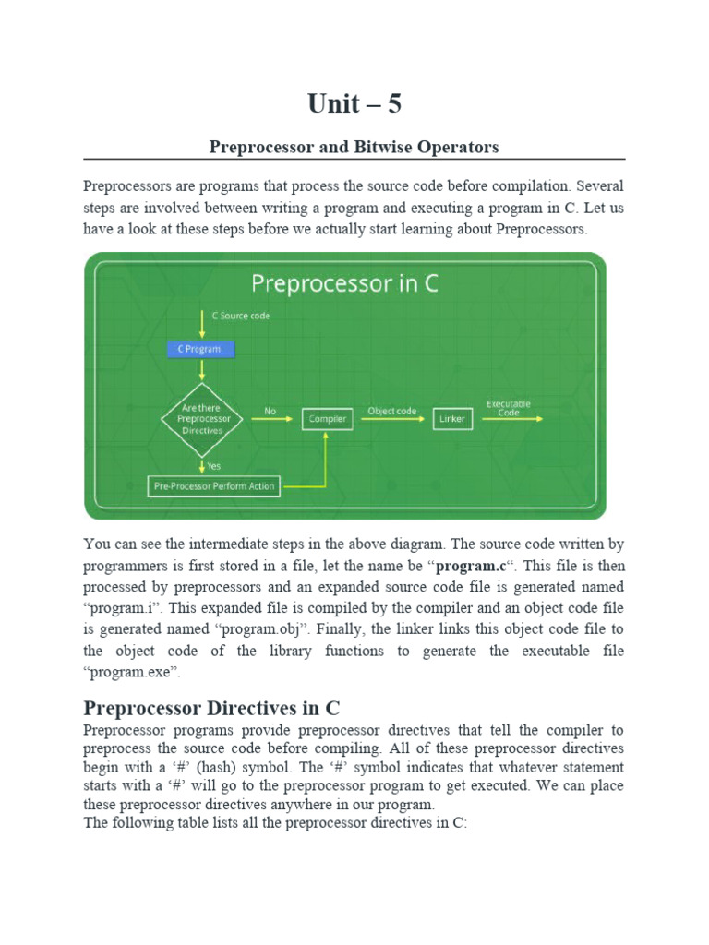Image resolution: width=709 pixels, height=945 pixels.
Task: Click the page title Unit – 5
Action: tap(354, 104)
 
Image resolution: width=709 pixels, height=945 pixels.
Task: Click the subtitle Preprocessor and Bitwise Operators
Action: tap(354, 147)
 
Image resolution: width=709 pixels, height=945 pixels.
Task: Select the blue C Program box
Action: tap(200, 350)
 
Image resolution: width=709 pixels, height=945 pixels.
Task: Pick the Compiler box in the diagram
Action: tap(327, 419)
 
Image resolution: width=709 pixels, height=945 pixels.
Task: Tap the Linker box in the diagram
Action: tap(452, 419)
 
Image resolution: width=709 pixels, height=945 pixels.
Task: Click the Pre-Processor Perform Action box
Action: tap(213, 486)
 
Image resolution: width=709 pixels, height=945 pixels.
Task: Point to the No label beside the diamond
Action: tap(270, 412)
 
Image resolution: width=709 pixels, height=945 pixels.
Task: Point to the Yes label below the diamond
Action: tap(214, 466)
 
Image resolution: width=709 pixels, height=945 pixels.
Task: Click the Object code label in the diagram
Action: tap(392, 411)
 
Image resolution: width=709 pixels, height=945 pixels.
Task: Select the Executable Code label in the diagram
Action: tap(509, 408)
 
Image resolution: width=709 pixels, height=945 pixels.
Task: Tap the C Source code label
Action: tap(241, 317)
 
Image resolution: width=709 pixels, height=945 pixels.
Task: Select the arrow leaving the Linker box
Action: tap(509, 420)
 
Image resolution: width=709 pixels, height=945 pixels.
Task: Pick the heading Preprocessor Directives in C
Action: tap(212, 709)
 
